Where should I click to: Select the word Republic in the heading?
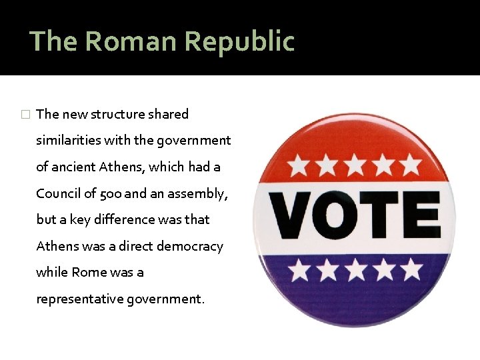tap(239, 41)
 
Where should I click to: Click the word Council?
tap(59, 193)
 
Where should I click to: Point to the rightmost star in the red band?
tap(410, 164)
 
